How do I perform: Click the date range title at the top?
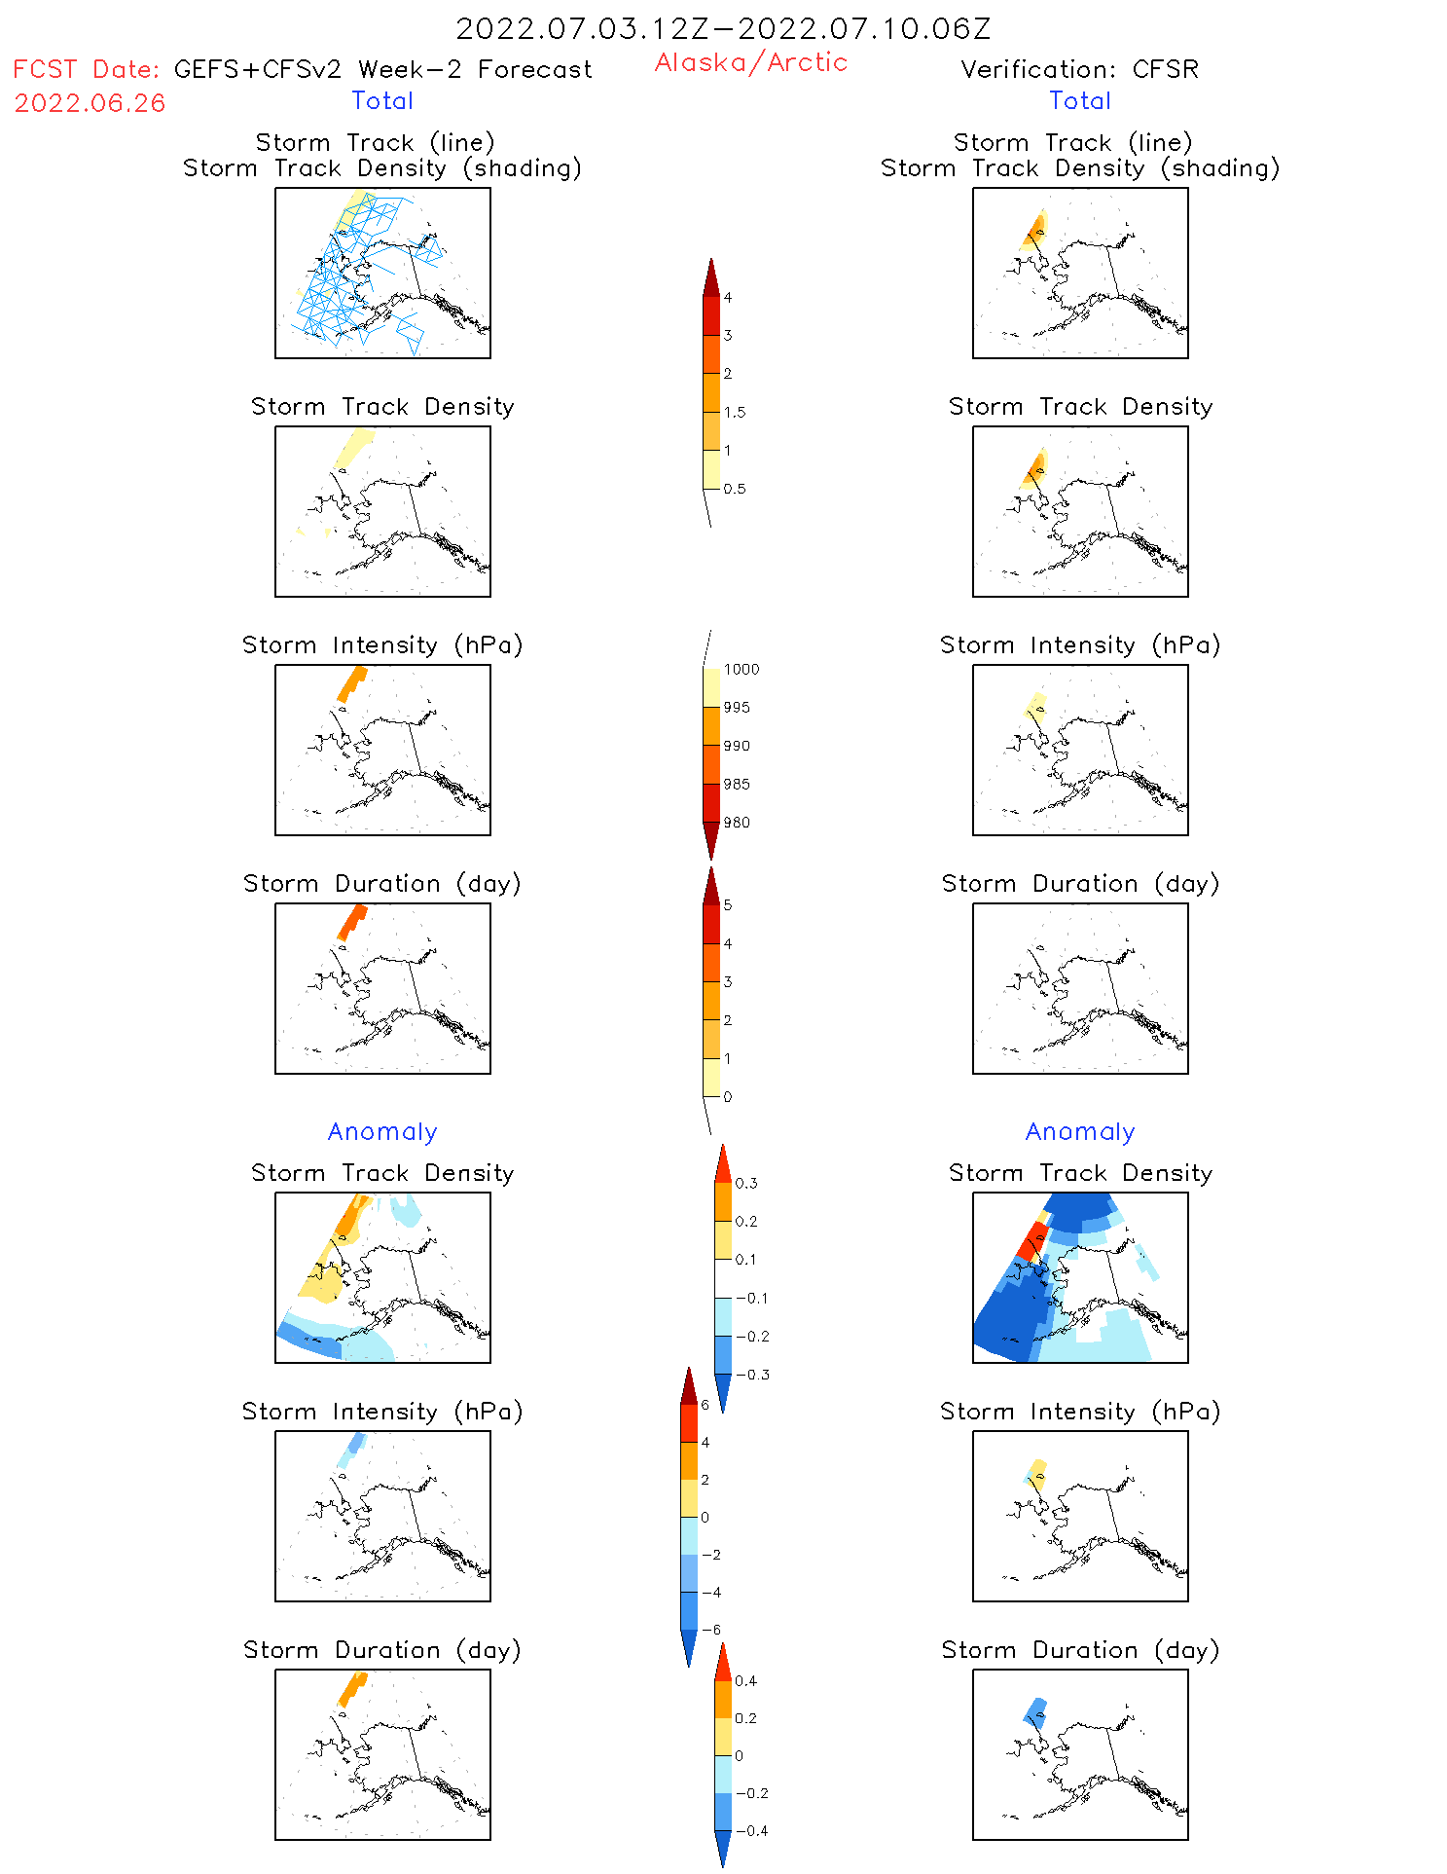723,29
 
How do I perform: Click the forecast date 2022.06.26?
90,103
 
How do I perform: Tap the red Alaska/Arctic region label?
750,62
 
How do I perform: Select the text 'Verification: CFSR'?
1079,69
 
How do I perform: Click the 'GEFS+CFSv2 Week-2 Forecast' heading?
382,69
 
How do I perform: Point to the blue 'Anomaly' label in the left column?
382,1131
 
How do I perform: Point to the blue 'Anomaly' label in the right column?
1080,1131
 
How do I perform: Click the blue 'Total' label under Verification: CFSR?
1080,100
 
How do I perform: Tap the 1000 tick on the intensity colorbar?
741,669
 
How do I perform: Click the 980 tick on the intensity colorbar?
737,823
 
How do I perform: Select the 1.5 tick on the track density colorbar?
735,412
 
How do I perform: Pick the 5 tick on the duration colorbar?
727,905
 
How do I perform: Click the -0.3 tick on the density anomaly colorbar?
751,1375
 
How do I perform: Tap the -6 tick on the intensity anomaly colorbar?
712,1630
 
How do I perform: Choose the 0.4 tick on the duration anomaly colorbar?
745,1680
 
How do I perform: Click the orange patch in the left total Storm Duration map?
351,921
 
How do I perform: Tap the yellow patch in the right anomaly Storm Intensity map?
1037,1472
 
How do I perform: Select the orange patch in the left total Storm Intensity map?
351,682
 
